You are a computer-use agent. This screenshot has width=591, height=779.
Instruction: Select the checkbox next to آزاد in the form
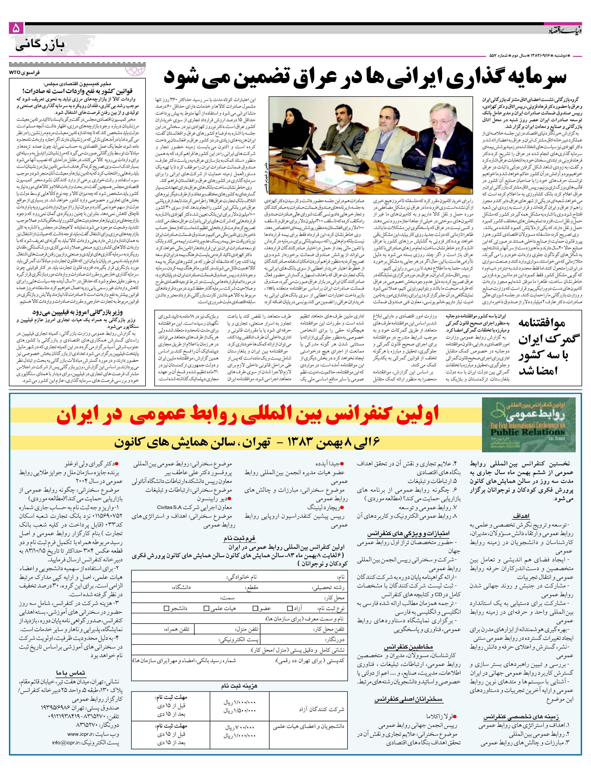pyautogui.click(x=290, y=608)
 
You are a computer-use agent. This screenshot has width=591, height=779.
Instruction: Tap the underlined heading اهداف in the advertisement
pyautogui.click(x=521, y=516)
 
